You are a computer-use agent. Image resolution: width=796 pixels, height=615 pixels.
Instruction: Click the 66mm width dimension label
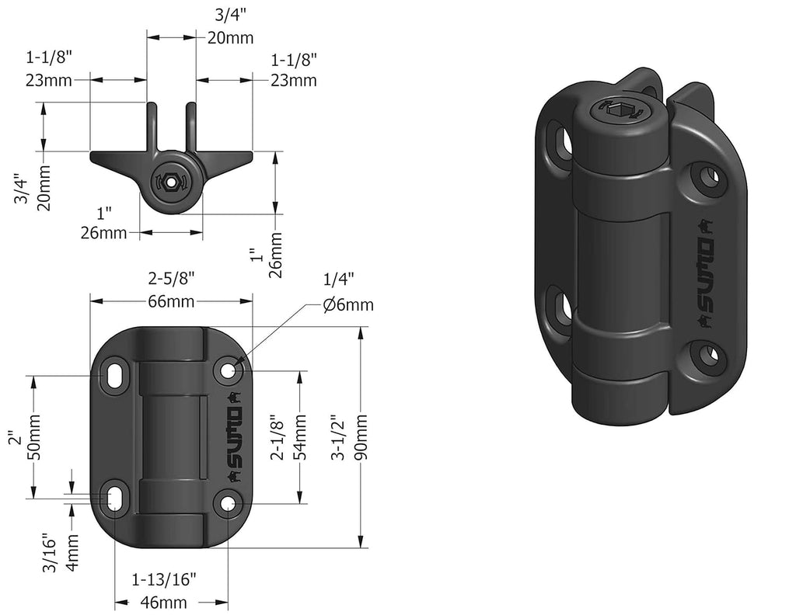point(172,302)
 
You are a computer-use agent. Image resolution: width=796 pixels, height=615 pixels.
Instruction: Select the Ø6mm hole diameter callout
point(348,305)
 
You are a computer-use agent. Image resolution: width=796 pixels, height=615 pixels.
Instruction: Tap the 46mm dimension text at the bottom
point(163,602)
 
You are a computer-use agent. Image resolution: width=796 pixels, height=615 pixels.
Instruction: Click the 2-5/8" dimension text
point(171,277)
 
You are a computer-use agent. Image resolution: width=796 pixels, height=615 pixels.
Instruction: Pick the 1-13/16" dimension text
point(163,579)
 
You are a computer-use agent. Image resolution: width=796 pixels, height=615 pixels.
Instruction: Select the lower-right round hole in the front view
point(229,505)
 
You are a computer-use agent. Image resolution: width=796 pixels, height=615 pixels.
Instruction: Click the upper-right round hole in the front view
point(229,371)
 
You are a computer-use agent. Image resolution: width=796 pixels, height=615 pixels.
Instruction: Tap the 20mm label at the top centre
point(225,37)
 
